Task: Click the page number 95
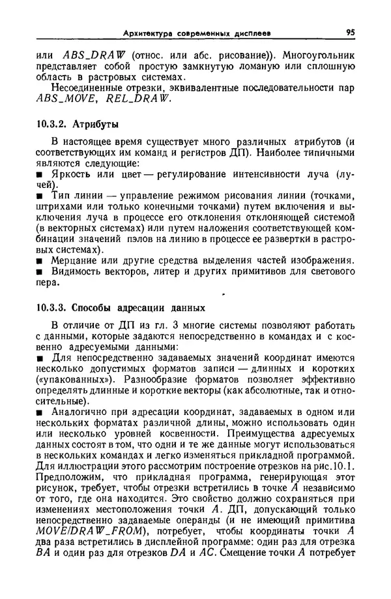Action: [350, 32]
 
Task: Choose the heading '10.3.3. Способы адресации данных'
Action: [121, 307]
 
